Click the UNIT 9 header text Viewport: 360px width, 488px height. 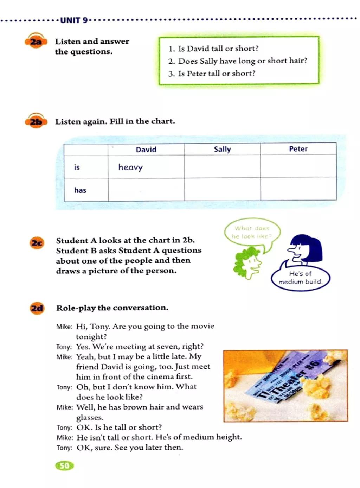pos(74,20)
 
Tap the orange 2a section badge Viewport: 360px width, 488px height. pos(36,42)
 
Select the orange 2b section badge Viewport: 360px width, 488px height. pos(36,122)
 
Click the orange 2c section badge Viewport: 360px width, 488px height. pos(37,243)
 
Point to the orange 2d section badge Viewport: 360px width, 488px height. pos(37,309)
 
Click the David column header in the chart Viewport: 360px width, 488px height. pos(146,150)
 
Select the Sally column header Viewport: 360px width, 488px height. pos(222,149)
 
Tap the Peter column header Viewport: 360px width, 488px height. pos(298,149)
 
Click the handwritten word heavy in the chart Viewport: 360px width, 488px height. pos(130,167)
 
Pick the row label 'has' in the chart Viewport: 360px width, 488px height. pos(80,190)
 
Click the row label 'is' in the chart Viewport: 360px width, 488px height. pos(77,167)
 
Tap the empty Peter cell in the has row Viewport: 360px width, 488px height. pos(298,189)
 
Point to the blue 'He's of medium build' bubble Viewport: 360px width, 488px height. pos(300,278)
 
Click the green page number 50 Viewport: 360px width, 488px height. pos(64,466)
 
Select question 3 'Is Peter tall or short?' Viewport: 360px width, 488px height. pos(212,74)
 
